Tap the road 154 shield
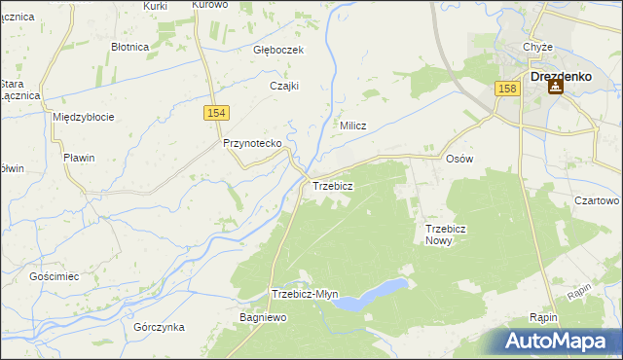218,114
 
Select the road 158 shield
506,89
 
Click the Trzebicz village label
332,185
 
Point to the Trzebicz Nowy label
447,234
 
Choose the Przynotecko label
252,143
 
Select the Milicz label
351,126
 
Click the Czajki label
283,85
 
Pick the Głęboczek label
278,50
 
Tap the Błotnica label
129,46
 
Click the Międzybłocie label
84,117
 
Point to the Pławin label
77,159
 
